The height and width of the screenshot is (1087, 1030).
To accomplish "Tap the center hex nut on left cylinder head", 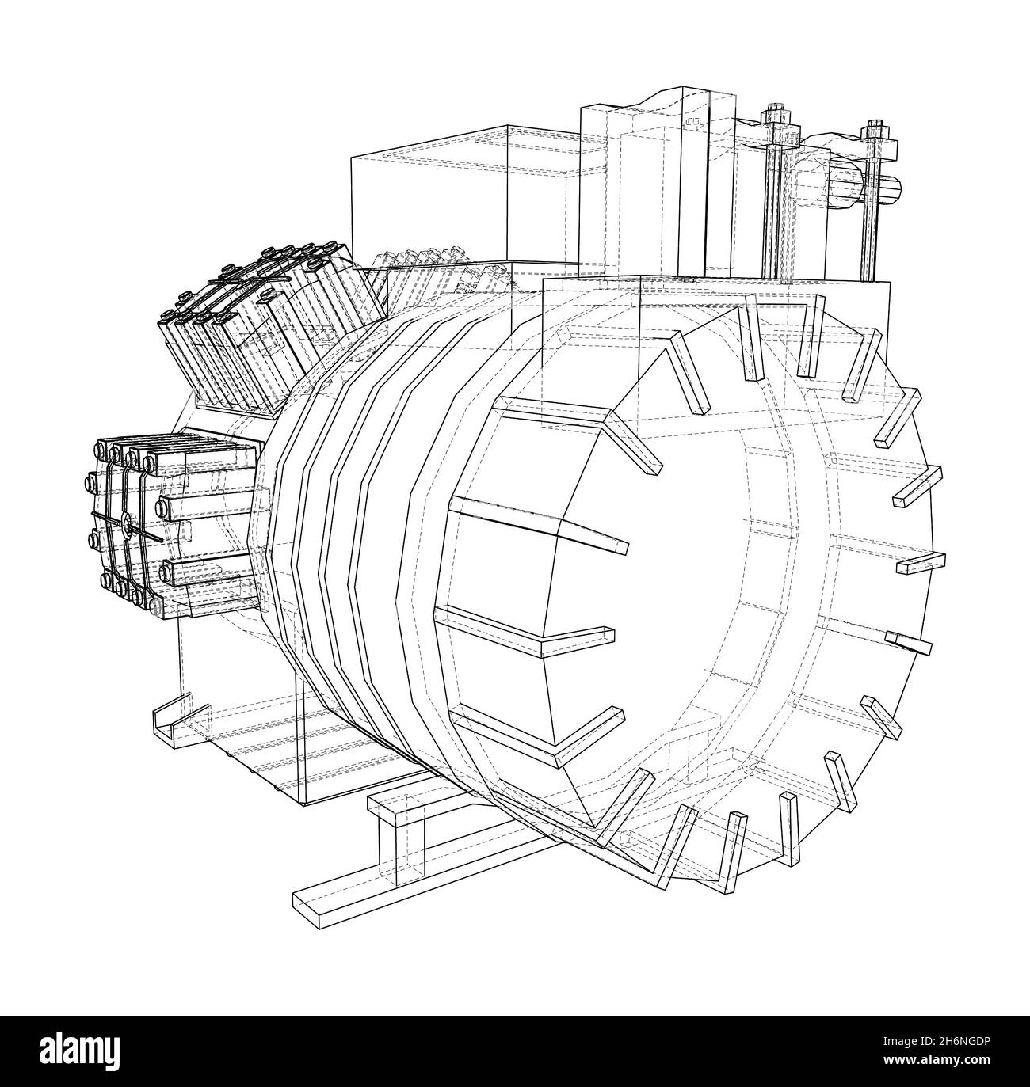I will coord(124,523).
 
